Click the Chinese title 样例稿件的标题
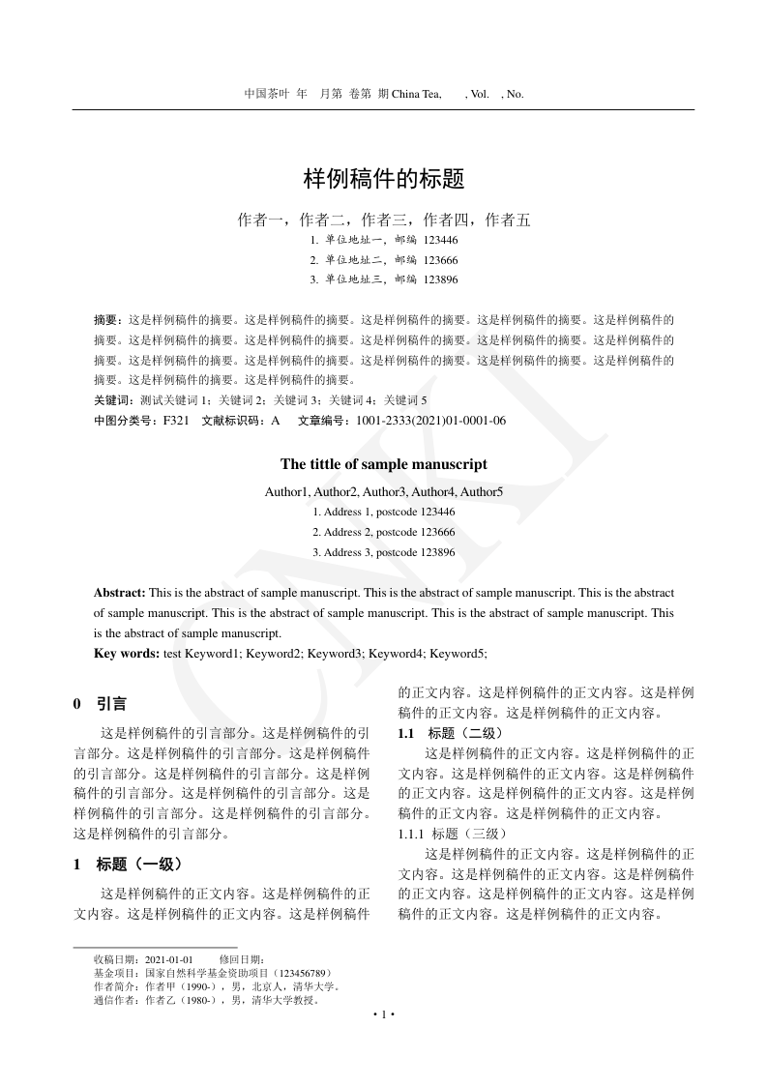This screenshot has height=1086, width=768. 384,179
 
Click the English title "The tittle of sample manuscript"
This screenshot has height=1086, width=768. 384,464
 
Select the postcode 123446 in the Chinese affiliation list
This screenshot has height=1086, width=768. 440,240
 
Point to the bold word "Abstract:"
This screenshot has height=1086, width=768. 120,592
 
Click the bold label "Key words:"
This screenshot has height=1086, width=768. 127,654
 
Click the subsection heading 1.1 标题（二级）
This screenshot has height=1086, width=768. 450,733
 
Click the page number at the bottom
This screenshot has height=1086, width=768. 384,1014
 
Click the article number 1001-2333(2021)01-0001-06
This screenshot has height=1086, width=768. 430,421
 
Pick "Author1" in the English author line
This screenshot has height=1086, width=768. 286,491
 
